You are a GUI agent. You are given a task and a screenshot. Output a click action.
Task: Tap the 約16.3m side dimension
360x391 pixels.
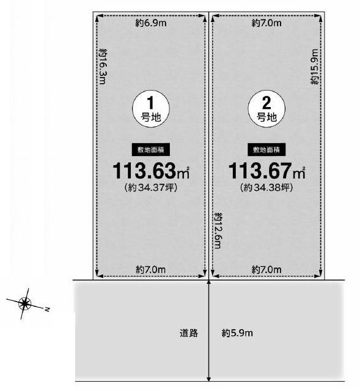[103, 68]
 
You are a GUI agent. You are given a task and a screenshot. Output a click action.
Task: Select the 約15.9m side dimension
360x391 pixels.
[315, 67]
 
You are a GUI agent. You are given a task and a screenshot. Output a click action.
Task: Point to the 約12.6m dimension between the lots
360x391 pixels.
[217, 230]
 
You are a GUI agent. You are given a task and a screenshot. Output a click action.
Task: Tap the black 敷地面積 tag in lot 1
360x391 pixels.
[150, 149]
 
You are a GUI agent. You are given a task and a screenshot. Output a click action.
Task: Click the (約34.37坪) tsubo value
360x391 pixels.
[150, 188]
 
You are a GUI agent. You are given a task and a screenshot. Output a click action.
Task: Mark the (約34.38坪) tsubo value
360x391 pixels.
[266, 188]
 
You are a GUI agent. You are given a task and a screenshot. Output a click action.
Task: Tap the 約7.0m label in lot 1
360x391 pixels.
[150, 270]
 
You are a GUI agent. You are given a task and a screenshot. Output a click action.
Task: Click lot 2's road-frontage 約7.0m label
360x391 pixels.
[266, 270]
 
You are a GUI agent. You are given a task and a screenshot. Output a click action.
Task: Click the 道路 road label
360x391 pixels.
[189, 333]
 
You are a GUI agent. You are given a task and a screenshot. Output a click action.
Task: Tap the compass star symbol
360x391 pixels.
[24, 303]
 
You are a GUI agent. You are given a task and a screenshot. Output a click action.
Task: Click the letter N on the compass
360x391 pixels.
[46, 310]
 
